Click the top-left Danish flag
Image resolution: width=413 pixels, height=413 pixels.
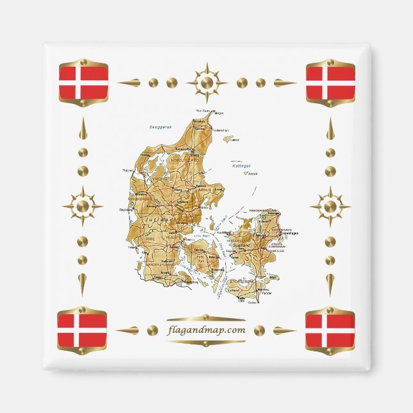83,83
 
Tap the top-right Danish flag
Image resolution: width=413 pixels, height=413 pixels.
330,83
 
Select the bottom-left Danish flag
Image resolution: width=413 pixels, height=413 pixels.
82,330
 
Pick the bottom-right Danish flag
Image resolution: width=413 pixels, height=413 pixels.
330,330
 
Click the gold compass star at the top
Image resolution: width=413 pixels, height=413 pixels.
206,83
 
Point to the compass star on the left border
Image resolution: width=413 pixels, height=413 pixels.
83,206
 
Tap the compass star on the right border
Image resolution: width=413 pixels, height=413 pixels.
330,206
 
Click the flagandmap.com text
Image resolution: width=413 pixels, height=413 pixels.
205,330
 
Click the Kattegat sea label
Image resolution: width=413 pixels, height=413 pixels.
239,165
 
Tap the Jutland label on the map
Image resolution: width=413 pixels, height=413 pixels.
159,219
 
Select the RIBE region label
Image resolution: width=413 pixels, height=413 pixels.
151,238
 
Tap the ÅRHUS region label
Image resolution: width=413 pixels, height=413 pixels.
205,190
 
